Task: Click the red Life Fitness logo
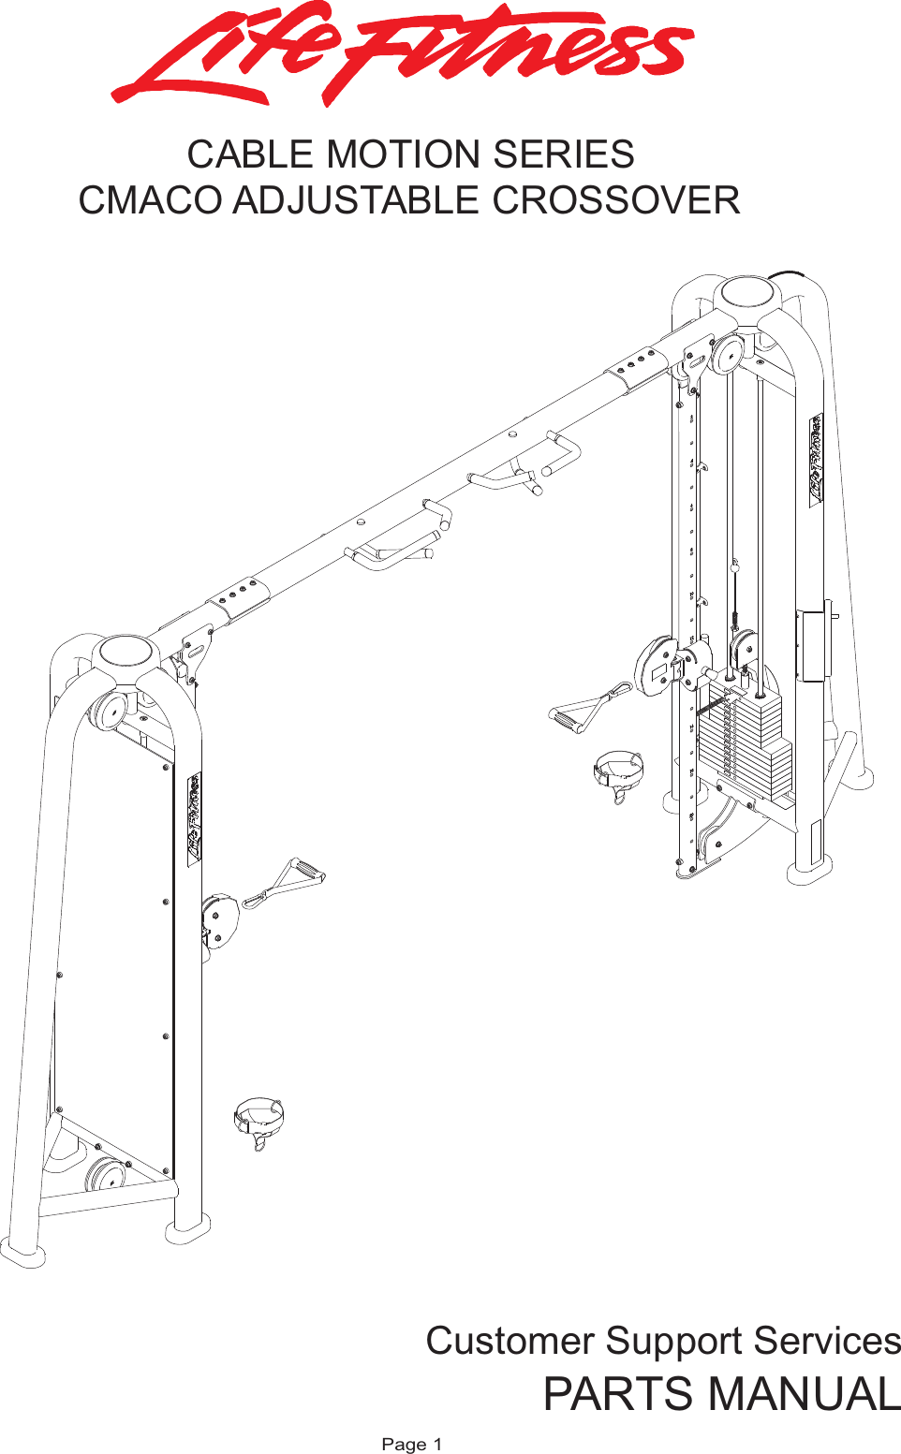pos(403,54)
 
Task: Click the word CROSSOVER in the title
pos(616,199)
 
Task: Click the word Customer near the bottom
pos(510,1341)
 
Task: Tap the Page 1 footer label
pos(411,1445)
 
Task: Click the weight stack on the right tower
pos(746,740)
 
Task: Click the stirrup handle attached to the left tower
pos(285,882)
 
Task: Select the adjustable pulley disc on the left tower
pos(218,920)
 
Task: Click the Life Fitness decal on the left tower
pos(194,819)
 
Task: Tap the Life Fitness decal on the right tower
pos(817,461)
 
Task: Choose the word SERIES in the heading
pos(564,154)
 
